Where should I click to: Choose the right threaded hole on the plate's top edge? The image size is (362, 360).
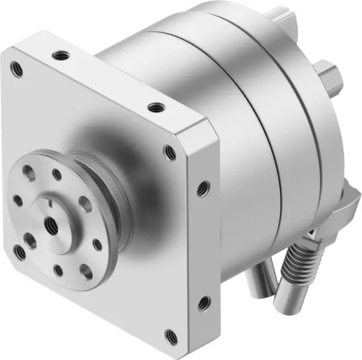(155, 108)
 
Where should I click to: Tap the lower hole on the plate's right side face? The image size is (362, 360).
(203, 303)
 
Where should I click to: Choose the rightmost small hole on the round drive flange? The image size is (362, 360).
(97, 244)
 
